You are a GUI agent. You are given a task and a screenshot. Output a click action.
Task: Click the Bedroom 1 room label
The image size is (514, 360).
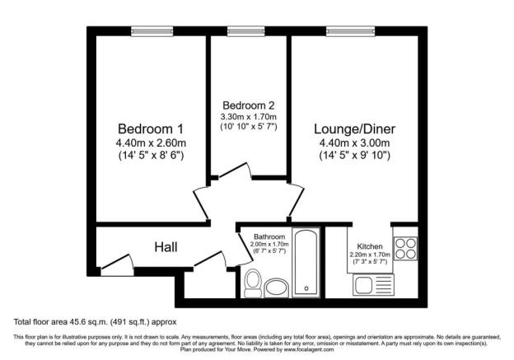(150, 129)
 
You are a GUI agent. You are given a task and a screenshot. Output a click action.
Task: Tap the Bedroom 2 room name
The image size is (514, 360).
(249, 105)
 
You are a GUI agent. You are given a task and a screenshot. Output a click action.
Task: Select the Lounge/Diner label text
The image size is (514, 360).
(354, 129)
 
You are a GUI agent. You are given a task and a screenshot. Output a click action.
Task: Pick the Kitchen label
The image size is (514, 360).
(370, 246)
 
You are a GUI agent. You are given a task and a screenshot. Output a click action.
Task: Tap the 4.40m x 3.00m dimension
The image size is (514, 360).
(354, 143)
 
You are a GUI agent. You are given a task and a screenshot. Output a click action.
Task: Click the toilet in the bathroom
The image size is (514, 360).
(253, 282)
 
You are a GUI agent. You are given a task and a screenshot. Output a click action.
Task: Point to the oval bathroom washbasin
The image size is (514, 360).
(277, 287)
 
